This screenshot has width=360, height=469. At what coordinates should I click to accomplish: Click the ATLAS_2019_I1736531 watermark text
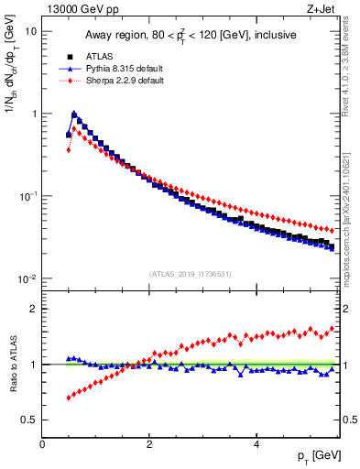point(191,273)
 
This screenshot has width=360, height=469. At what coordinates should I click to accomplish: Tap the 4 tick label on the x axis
point(256,444)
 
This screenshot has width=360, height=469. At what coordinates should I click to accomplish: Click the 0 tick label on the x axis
point(42,444)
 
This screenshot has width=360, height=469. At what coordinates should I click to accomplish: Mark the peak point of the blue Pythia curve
point(74,115)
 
